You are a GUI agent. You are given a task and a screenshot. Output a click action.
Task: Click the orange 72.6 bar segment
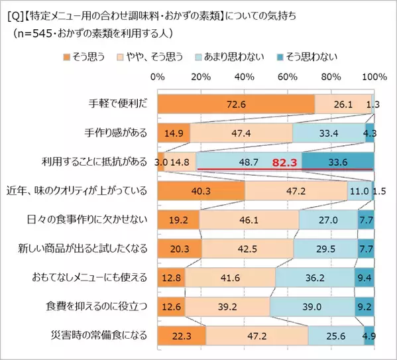point(235,103)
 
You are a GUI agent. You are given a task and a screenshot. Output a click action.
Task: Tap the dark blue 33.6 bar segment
point(338,161)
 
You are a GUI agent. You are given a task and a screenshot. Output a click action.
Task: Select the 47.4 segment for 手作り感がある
point(241,133)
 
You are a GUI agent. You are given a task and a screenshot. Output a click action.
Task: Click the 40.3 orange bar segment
point(201,190)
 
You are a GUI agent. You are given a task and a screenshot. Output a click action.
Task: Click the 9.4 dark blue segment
point(365,277)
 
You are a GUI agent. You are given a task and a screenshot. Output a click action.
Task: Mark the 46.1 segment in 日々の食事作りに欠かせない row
point(249,219)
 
